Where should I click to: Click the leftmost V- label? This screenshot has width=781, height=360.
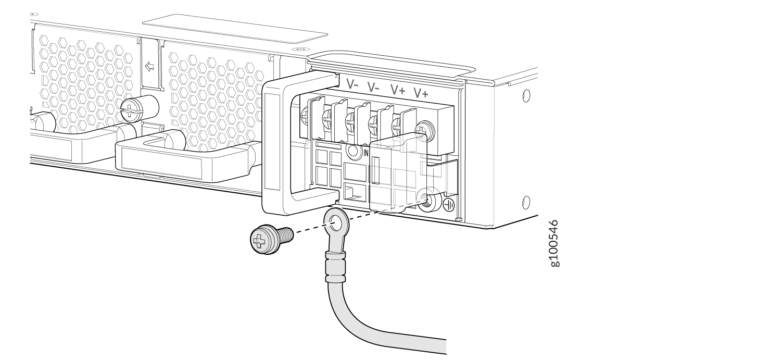352,84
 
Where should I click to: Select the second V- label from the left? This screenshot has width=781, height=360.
373,87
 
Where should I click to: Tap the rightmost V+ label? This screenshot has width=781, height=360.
421,93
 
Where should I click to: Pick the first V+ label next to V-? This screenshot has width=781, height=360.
398,90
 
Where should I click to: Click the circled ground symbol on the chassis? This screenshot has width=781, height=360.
449,205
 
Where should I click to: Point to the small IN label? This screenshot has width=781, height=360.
366,153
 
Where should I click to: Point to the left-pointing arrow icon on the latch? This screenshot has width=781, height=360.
149,66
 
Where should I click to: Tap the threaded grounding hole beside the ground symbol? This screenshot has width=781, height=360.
428,201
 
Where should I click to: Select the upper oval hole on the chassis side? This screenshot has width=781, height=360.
526,95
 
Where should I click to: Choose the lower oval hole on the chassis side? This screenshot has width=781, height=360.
526,202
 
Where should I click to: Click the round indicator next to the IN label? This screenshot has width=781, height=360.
353,152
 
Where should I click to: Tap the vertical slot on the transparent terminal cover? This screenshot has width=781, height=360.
375,170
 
